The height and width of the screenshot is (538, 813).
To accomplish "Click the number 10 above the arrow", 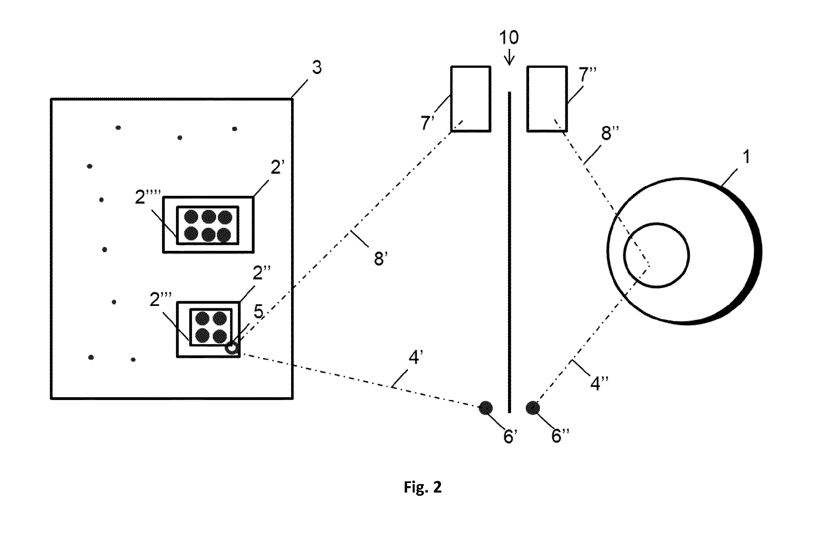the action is click(509, 37).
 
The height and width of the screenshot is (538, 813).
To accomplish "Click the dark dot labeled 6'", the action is click(486, 408).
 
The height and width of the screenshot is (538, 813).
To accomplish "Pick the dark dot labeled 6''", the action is click(533, 408).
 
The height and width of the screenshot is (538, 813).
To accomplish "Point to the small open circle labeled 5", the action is click(232, 348).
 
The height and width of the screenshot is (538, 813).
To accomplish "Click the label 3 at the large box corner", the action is click(316, 68).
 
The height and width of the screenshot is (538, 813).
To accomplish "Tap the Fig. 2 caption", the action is click(423, 487).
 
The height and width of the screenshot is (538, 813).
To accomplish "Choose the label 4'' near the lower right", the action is click(597, 384).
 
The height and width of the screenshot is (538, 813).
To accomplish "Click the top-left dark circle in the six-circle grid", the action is click(192, 217).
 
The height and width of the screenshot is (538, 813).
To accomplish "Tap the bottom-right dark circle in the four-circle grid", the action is click(220, 336).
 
